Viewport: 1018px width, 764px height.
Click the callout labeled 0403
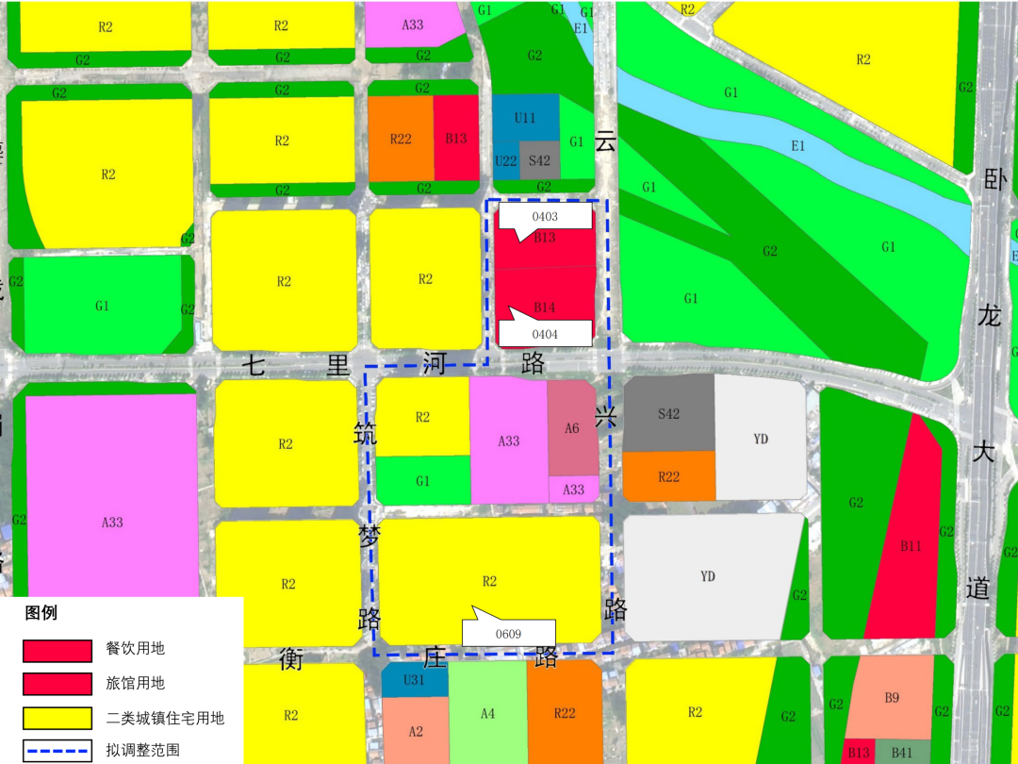tap(545, 217)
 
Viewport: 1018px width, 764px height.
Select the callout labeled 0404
tap(545, 333)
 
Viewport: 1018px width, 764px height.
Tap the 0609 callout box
tap(508, 634)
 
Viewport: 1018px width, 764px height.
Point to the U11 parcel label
tap(525, 118)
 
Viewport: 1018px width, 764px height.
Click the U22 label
tap(505, 161)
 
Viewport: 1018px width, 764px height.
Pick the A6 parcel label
tap(572, 428)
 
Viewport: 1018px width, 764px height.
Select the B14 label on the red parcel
tap(545, 307)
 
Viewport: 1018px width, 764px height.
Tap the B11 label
tap(910, 545)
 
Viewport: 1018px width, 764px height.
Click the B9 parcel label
tap(892, 698)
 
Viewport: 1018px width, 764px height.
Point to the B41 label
tap(902, 753)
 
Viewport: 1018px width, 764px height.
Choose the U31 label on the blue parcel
tap(414, 681)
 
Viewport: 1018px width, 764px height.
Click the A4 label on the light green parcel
tap(487, 714)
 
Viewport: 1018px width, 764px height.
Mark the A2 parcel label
tap(416, 731)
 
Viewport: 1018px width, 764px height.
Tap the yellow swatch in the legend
tap(58, 718)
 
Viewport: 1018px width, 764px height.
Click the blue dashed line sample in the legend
tap(58, 752)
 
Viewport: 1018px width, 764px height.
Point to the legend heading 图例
tap(41, 613)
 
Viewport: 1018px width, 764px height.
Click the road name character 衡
tap(290, 659)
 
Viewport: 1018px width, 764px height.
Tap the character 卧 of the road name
tap(995, 180)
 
